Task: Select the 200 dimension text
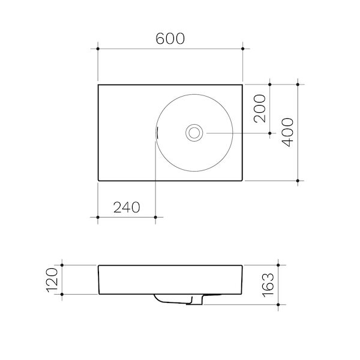(259, 109)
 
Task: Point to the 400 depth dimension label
(287, 132)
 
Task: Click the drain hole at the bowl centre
(194, 132)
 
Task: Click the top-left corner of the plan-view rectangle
(98, 85)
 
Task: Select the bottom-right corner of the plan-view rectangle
(242, 180)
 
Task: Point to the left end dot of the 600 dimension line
(98, 47)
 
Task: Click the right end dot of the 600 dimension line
(242, 47)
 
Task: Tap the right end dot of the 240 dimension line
(155, 217)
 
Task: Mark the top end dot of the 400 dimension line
(298, 85)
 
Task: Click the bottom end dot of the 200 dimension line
(270, 132)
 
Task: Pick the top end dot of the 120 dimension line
(62, 264)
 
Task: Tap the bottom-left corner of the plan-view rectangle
(98, 180)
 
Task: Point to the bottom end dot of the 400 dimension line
(298, 180)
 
